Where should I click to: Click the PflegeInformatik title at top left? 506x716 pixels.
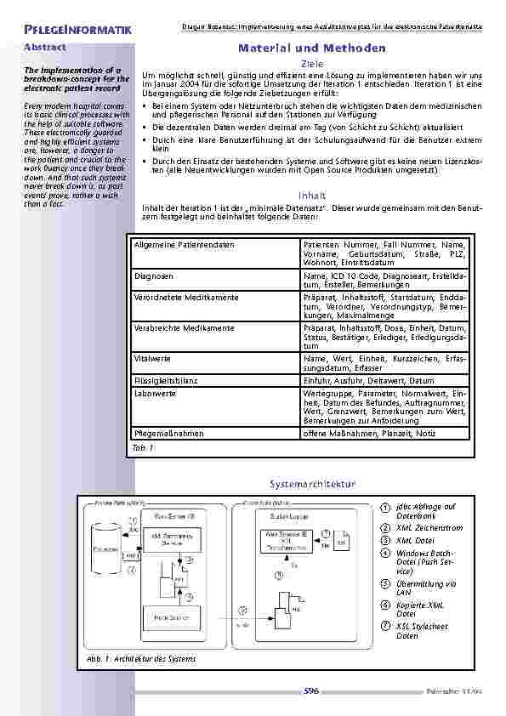(77, 31)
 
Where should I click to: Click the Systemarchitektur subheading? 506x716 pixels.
(310, 484)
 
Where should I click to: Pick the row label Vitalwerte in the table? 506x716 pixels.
(152, 359)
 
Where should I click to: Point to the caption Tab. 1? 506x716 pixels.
(141, 446)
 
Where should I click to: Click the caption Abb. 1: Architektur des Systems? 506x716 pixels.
(140, 659)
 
